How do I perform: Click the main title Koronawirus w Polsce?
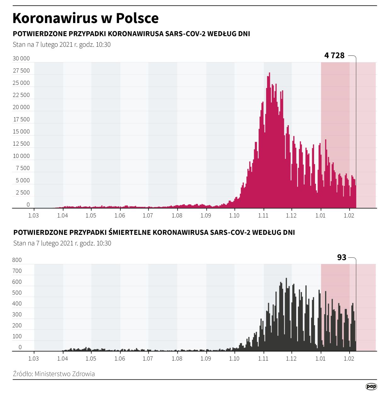click(85, 18)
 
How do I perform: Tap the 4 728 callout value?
click(334, 55)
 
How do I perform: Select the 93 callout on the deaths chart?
click(341, 258)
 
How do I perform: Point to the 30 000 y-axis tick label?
click(21, 58)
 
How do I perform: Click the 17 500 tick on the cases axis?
click(21, 119)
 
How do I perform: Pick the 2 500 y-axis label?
click(23, 193)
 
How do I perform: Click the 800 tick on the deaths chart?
click(17, 260)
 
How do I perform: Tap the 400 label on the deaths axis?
click(17, 304)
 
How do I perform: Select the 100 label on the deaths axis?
click(17, 336)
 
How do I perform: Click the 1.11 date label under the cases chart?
click(263, 216)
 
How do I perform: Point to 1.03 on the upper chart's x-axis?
click(34, 216)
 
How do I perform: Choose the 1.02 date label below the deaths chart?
click(349, 359)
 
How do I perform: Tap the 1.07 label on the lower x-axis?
click(148, 359)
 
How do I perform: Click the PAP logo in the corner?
click(371, 386)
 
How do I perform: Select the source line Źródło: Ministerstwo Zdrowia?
click(54, 374)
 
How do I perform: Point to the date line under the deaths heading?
click(62, 243)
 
